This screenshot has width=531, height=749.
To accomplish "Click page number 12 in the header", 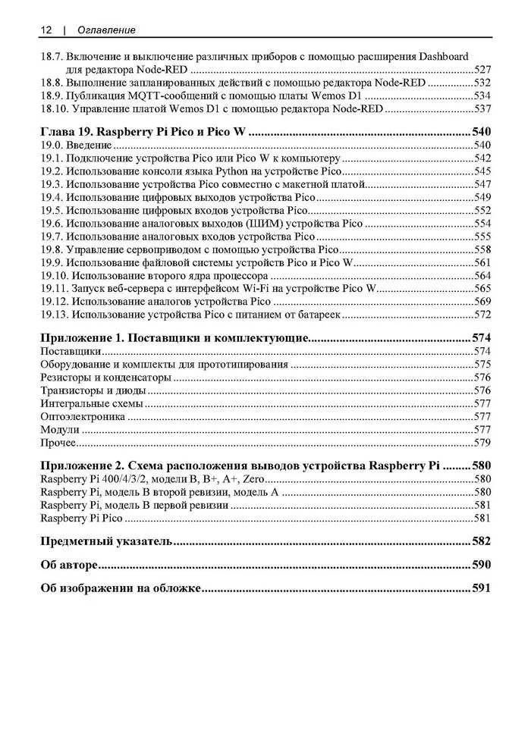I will tap(46, 30).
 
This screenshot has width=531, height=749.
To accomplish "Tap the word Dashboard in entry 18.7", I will tap(442, 56).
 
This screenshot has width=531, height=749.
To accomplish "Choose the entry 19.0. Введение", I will tap(76, 145).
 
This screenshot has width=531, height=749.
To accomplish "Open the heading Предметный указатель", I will tap(107, 541).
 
